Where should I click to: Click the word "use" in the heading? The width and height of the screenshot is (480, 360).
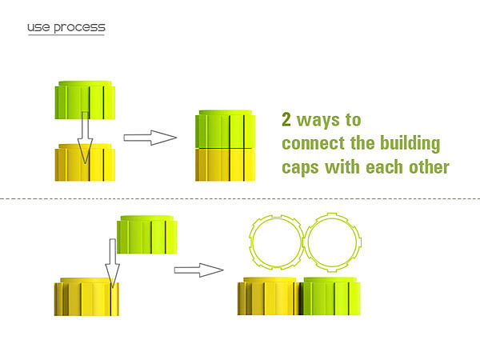(x=38, y=27)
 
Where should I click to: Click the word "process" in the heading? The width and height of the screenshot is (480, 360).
(x=79, y=28)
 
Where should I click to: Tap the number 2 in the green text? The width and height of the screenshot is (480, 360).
(x=286, y=119)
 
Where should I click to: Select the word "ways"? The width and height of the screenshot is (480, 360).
(x=318, y=121)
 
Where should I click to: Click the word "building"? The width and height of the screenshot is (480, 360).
(x=410, y=143)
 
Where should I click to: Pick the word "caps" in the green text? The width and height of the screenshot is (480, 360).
(x=300, y=168)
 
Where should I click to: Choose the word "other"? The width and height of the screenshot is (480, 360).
(x=429, y=167)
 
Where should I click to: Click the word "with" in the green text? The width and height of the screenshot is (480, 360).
(x=342, y=167)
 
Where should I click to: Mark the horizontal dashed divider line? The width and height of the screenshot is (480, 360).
(x=240, y=199)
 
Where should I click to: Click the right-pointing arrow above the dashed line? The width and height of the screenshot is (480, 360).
(x=150, y=138)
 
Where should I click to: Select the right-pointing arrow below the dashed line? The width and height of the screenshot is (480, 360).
(x=199, y=270)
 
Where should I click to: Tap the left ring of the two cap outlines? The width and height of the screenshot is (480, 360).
(x=251, y=242)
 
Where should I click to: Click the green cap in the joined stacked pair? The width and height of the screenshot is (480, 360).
(x=226, y=129)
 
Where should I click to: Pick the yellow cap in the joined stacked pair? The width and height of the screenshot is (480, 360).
(x=226, y=165)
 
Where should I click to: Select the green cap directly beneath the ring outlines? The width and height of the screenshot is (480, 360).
(x=330, y=296)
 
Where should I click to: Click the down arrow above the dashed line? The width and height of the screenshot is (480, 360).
(x=85, y=138)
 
